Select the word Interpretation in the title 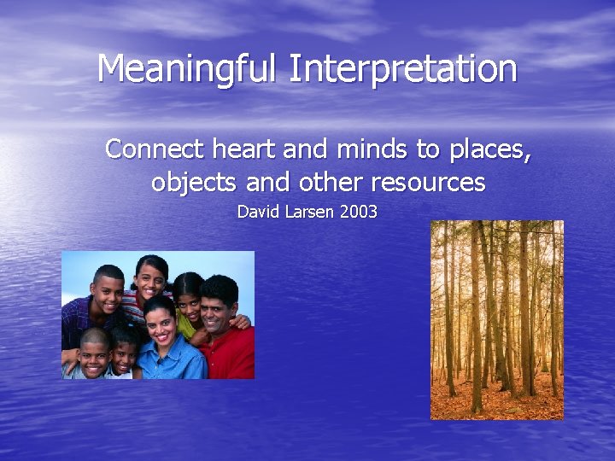402,69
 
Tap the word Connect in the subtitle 155,149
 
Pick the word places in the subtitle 488,149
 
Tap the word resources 420,183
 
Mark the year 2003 359,212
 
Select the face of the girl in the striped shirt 150,278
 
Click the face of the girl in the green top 188,297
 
